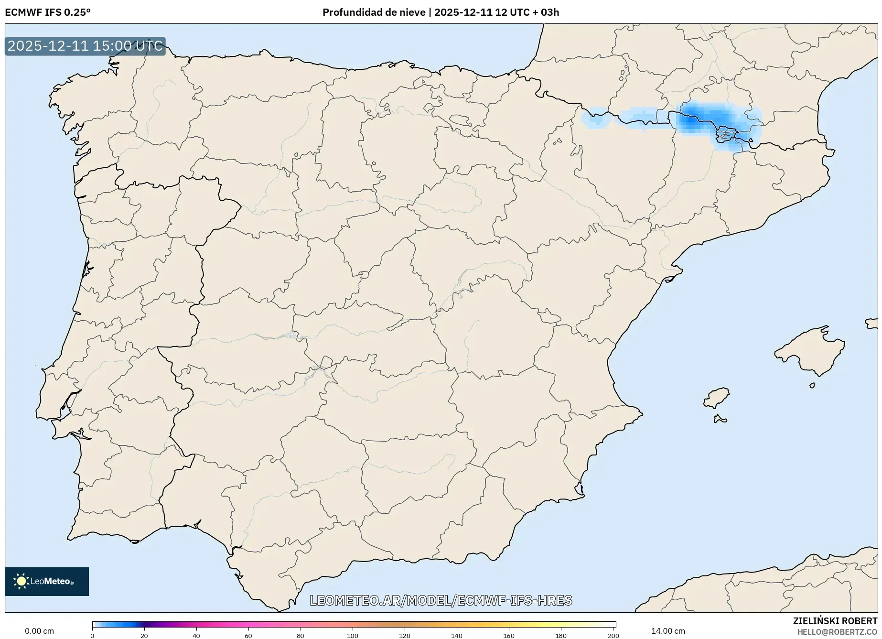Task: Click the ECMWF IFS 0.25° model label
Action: click(x=48, y=12)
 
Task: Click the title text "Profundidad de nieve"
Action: click(x=374, y=12)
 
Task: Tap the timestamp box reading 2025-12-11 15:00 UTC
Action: click(x=85, y=46)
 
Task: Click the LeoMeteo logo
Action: click(x=47, y=581)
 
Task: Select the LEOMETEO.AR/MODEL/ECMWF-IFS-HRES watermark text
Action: click(x=441, y=600)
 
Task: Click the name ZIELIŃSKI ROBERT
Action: click(x=835, y=621)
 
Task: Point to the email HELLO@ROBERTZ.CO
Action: click(x=837, y=632)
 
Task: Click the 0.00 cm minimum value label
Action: click(x=39, y=631)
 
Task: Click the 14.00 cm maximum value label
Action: click(x=668, y=631)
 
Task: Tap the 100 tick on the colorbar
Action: click(x=353, y=635)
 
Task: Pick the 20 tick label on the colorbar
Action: click(x=144, y=635)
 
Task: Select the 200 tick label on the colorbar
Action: click(x=613, y=635)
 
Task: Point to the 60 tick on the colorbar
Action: click(x=248, y=635)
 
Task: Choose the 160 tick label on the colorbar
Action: click(x=509, y=635)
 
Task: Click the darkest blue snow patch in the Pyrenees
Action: click(x=690, y=120)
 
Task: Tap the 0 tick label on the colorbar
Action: click(x=92, y=635)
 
